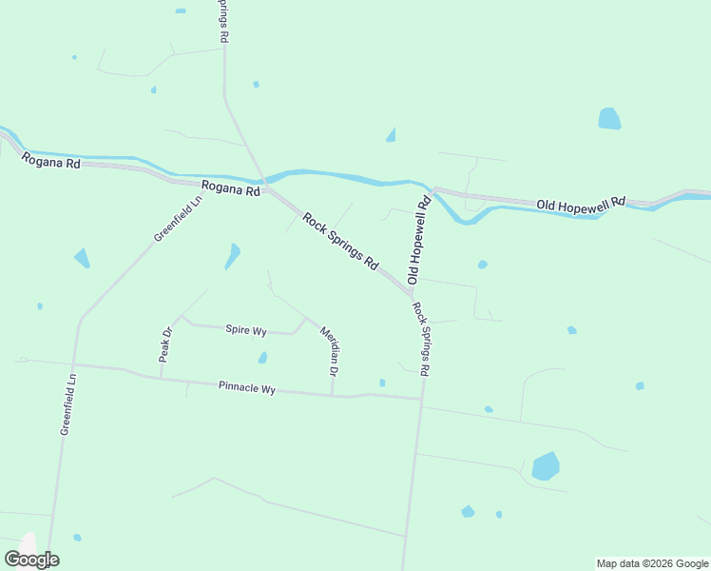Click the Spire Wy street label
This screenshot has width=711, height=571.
point(245,330)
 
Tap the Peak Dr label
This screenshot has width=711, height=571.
point(165,345)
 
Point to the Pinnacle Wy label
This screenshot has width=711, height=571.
point(246,388)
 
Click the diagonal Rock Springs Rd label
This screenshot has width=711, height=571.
point(340,240)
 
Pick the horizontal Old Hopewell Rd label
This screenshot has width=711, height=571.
point(581,204)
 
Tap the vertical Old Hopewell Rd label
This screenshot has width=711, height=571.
point(419,240)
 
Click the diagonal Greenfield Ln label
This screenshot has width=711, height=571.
point(179,219)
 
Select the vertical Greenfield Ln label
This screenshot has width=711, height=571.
point(67,404)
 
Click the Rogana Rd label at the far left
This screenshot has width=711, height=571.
point(50,162)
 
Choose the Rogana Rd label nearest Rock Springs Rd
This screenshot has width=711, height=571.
point(229,189)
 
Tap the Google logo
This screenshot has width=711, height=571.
point(32,560)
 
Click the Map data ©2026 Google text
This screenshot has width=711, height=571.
point(652,563)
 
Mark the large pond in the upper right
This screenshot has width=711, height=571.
point(608,119)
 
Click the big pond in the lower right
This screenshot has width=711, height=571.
point(546,466)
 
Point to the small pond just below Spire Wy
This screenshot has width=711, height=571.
point(262,358)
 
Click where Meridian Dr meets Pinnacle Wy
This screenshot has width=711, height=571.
point(332,395)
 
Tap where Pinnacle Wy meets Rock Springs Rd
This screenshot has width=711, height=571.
point(421,400)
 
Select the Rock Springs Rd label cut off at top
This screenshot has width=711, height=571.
point(225,21)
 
